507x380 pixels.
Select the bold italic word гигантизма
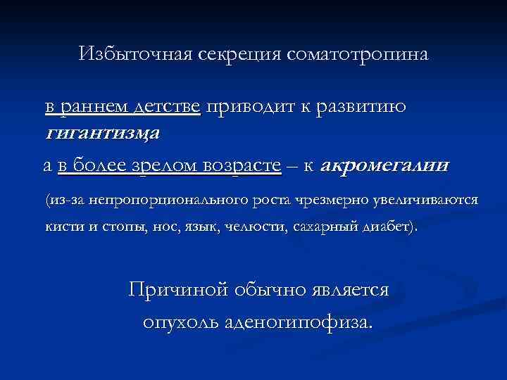[104, 132]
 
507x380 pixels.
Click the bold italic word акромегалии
[384, 167]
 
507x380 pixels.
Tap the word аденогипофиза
[301, 322]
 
